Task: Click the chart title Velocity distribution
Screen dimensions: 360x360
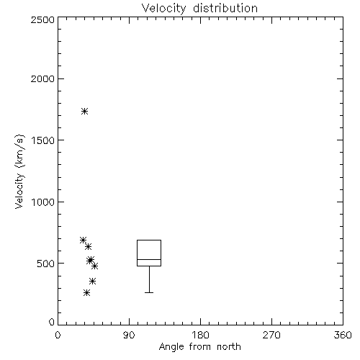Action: coord(199,8)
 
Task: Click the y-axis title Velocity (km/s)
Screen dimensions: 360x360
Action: coord(19,171)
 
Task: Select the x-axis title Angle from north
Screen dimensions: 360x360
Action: coord(199,347)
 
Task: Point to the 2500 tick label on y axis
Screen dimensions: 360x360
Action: coord(42,19)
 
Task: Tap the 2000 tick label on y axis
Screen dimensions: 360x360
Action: coord(42,78)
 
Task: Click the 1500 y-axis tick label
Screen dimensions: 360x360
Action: coord(43,140)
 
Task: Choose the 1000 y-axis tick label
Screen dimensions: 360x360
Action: coord(43,202)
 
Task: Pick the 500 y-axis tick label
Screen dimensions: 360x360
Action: coord(46,264)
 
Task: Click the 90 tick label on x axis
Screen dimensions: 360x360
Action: coord(129,335)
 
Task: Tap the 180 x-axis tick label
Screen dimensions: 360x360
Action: coord(200,335)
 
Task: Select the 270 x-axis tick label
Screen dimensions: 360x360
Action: coord(271,335)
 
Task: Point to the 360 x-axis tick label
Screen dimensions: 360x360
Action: coord(343,335)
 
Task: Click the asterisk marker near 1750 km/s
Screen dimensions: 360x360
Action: coord(84,112)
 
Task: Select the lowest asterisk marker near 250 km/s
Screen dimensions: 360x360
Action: coord(87,293)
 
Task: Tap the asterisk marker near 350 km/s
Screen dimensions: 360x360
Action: coord(93,282)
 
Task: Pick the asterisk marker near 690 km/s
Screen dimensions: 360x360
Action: coord(83,240)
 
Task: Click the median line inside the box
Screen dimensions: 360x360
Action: coord(149,259)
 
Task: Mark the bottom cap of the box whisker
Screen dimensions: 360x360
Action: coord(149,292)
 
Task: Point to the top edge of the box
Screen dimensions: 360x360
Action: coord(149,240)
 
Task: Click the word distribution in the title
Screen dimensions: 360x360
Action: coord(225,8)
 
